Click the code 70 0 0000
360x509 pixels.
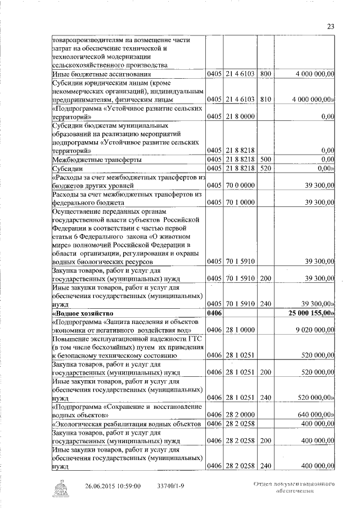tap(241, 185)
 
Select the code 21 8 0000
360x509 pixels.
tap(241, 116)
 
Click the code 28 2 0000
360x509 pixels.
tap(241, 414)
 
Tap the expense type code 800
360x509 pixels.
tap(266, 74)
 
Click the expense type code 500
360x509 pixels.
tap(266, 160)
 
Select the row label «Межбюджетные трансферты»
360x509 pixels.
tap(96, 160)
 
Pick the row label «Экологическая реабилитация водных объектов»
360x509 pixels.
tap(122, 422)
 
